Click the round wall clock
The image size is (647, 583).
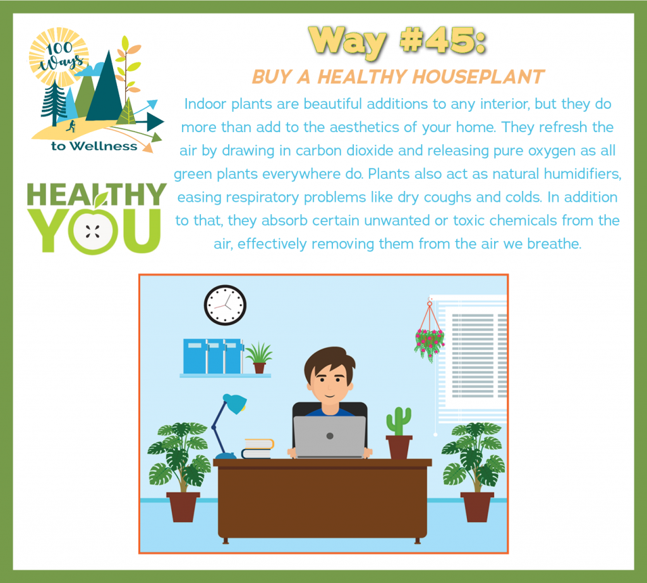tap(225, 305)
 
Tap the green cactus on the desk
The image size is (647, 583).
tap(399, 421)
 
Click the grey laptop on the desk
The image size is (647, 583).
tap(330, 436)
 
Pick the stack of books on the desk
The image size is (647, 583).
tap(258, 449)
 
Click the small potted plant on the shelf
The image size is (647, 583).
tap(258, 358)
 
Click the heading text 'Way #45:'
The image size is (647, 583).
tap(397, 42)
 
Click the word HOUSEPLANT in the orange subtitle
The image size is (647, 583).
tap(478, 77)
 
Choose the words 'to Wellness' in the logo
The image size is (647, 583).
tap(94, 146)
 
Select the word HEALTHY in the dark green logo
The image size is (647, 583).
tap(97, 194)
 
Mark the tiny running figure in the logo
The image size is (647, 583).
tap(71, 126)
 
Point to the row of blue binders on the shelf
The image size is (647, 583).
tap(213, 357)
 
